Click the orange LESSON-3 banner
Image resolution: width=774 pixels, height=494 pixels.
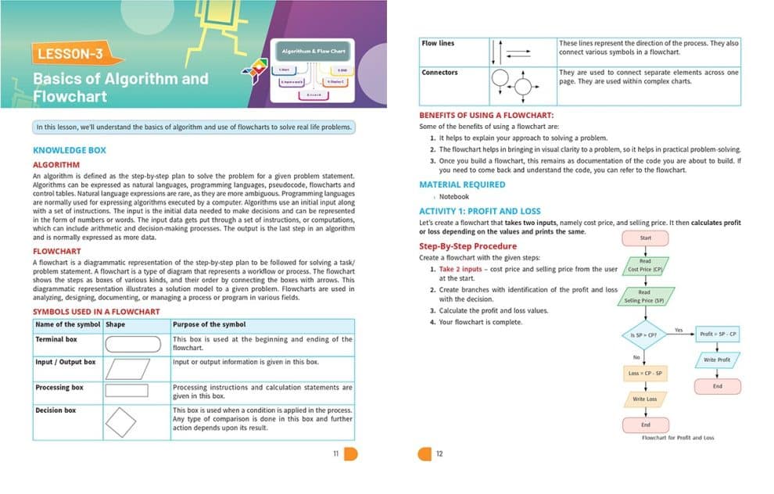pyautogui.click(x=77, y=54)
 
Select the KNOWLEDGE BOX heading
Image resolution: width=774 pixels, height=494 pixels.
pyautogui.click(x=70, y=150)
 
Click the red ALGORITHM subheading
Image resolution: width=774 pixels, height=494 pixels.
pyautogui.click(x=56, y=165)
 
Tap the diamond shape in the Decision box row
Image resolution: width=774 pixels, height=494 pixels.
pyautogui.click(x=120, y=422)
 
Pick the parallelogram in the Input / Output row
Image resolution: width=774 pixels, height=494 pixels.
pyautogui.click(x=127, y=369)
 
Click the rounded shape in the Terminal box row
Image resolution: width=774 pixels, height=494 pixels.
pyautogui.click(x=138, y=344)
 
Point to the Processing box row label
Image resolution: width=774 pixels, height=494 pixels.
pyautogui.click(x=59, y=387)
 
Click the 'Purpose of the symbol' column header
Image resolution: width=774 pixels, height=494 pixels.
pyautogui.click(x=209, y=324)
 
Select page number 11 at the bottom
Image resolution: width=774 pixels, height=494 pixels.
pyautogui.click(x=335, y=453)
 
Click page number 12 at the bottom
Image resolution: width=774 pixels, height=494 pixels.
pyautogui.click(x=439, y=453)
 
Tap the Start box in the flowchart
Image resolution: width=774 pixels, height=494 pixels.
pyautogui.click(x=645, y=238)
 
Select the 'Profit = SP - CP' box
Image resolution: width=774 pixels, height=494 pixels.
pyautogui.click(x=717, y=334)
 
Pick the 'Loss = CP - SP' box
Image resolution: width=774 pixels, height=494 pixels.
pyautogui.click(x=645, y=373)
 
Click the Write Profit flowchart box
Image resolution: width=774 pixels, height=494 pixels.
pyautogui.click(x=717, y=360)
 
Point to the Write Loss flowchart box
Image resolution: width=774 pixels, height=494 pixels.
pyautogui.click(x=645, y=399)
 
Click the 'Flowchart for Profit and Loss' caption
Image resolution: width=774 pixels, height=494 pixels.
pyautogui.click(x=678, y=438)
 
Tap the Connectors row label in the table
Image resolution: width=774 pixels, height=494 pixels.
pyautogui.click(x=439, y=73)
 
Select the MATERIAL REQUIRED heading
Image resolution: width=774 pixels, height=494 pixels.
pyautogui.click(x=462, y=184)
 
